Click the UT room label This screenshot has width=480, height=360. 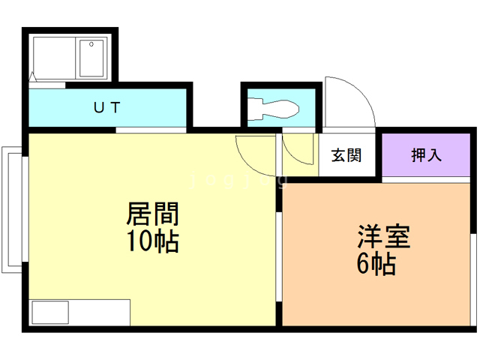pyautogui.click(x=106, y=107)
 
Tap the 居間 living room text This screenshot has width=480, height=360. pyautogui.click(x=152, y=214)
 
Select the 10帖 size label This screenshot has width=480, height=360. pyautogui.click(x=152, y=241)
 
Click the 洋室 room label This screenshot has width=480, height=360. pyautogui.click(x=383, y=236)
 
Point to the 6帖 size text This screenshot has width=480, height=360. pyautogui.click(x=376, y=263)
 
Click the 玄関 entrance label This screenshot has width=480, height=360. pyautogui.click(x=346, y=155)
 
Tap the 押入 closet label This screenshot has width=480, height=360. pyautogui.click(x=427, y=155)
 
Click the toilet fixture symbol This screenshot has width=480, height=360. pyautogui.click(x=273, y=109)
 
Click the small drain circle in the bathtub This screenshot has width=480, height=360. pyautogui.click(x=91, y=44)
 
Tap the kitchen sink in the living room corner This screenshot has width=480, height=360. pyautogui.click(x=50, y=312)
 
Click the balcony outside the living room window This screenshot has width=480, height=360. pyautogui.click(x=12, y=210)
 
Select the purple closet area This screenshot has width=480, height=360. pyautogui.click(x=426, y=155)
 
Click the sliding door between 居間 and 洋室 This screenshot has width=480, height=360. pyautogui.click(x=279, y=256)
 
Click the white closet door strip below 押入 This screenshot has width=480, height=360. pyautogui.click(x=426, y=180)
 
